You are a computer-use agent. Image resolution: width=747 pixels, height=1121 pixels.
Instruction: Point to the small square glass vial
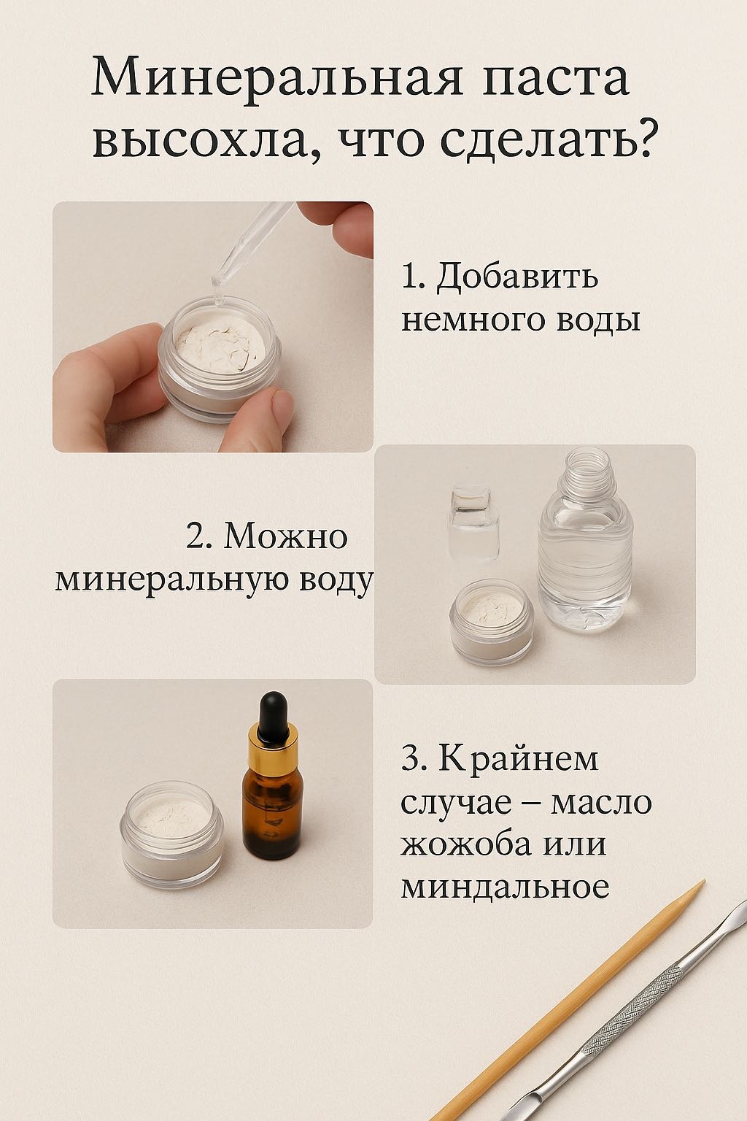(474, 523)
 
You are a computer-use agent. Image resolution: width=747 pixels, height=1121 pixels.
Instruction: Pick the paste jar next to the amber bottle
(171, 837)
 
